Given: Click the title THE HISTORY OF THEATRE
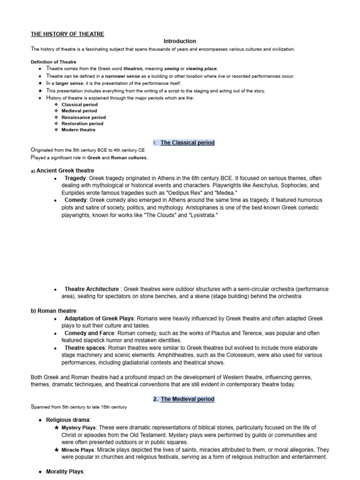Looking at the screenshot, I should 67,34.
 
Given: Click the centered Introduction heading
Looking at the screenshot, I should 180,41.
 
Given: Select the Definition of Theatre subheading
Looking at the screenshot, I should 53,62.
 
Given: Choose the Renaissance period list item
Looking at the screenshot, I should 83,117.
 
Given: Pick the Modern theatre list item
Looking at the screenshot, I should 78,130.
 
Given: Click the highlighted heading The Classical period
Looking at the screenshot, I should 187,142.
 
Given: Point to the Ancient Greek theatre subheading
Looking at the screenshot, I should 65,171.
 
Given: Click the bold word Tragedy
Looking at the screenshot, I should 75,179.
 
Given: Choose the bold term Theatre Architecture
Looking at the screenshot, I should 91,289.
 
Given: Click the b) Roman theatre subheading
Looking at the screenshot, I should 53,311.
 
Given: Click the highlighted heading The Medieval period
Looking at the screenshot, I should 187,399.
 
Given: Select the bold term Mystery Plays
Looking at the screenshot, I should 78,427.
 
